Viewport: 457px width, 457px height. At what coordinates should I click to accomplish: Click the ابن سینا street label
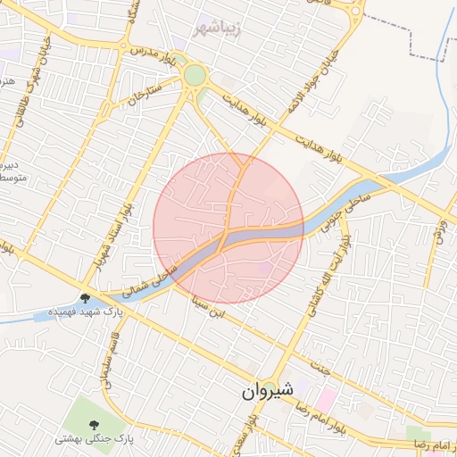pyautogui.click(x=207, y=307)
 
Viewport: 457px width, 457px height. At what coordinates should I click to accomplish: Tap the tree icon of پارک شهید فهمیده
pyautogui.click(x=86, y=298)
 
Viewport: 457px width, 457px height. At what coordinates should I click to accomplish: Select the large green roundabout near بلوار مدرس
pyautogui.click(x=195, y=76)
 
